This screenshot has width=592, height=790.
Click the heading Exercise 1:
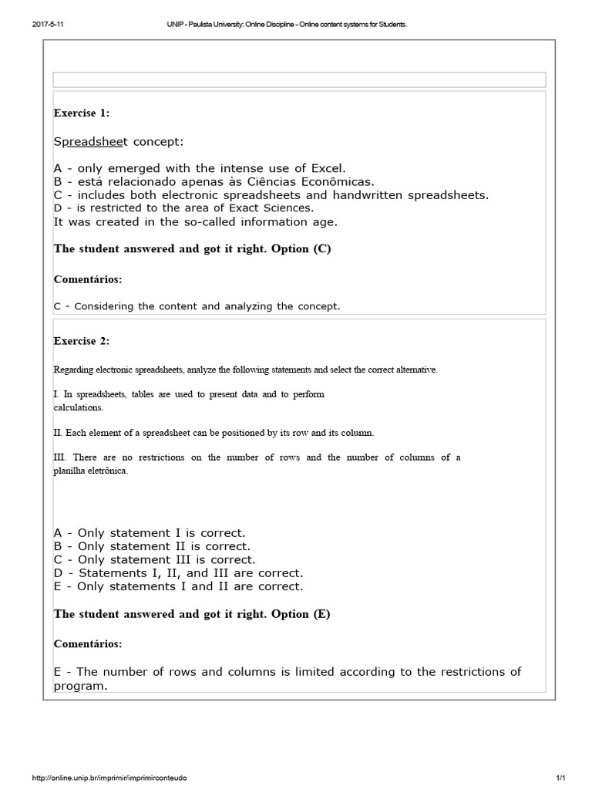click(81, 113)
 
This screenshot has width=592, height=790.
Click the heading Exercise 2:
click(81, 341)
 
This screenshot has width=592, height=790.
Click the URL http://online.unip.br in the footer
click(109, 778)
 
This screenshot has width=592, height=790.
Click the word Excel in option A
click(328, 168)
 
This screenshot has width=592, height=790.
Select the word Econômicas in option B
click(340, 181)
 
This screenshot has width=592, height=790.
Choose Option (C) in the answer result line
click(301, 249)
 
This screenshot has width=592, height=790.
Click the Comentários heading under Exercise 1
click(88, 279)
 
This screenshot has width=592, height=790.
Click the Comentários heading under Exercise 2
click(88, 643)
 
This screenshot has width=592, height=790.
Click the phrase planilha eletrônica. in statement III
click(90, 471)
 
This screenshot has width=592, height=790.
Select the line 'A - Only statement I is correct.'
click(150, 533)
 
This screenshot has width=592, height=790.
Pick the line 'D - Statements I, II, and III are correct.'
click(178, 573)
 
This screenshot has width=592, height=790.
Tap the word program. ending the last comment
click(80, 685)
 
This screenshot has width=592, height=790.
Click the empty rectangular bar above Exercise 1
click(299, 79)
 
